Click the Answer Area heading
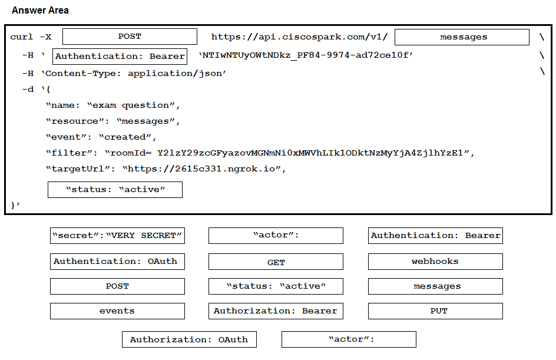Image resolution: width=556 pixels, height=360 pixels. point(40,10)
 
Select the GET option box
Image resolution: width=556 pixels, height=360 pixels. point(276,262)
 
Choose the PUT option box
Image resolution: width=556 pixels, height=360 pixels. point(435,311)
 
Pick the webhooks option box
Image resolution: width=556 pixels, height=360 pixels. point(435,262)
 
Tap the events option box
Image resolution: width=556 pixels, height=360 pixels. point(117,311)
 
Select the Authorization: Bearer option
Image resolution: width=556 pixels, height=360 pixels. point(276,311)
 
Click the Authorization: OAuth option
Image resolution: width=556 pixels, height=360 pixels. point(189,339)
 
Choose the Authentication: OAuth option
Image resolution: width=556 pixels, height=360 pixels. point(117,262)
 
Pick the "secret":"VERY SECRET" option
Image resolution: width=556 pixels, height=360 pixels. point(117,236)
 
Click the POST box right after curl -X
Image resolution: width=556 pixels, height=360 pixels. point(130,37)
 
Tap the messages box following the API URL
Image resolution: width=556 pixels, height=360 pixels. point(462,37)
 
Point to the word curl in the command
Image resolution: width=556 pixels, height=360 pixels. point(22,37)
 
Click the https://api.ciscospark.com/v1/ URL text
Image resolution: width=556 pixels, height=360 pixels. point(300,37)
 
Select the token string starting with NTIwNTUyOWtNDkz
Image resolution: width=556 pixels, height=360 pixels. point(306,55)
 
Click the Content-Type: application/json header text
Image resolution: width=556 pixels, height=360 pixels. point(134,74)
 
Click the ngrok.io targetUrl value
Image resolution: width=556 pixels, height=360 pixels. point(202,169)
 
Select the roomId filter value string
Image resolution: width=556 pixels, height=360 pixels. point(288,153)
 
